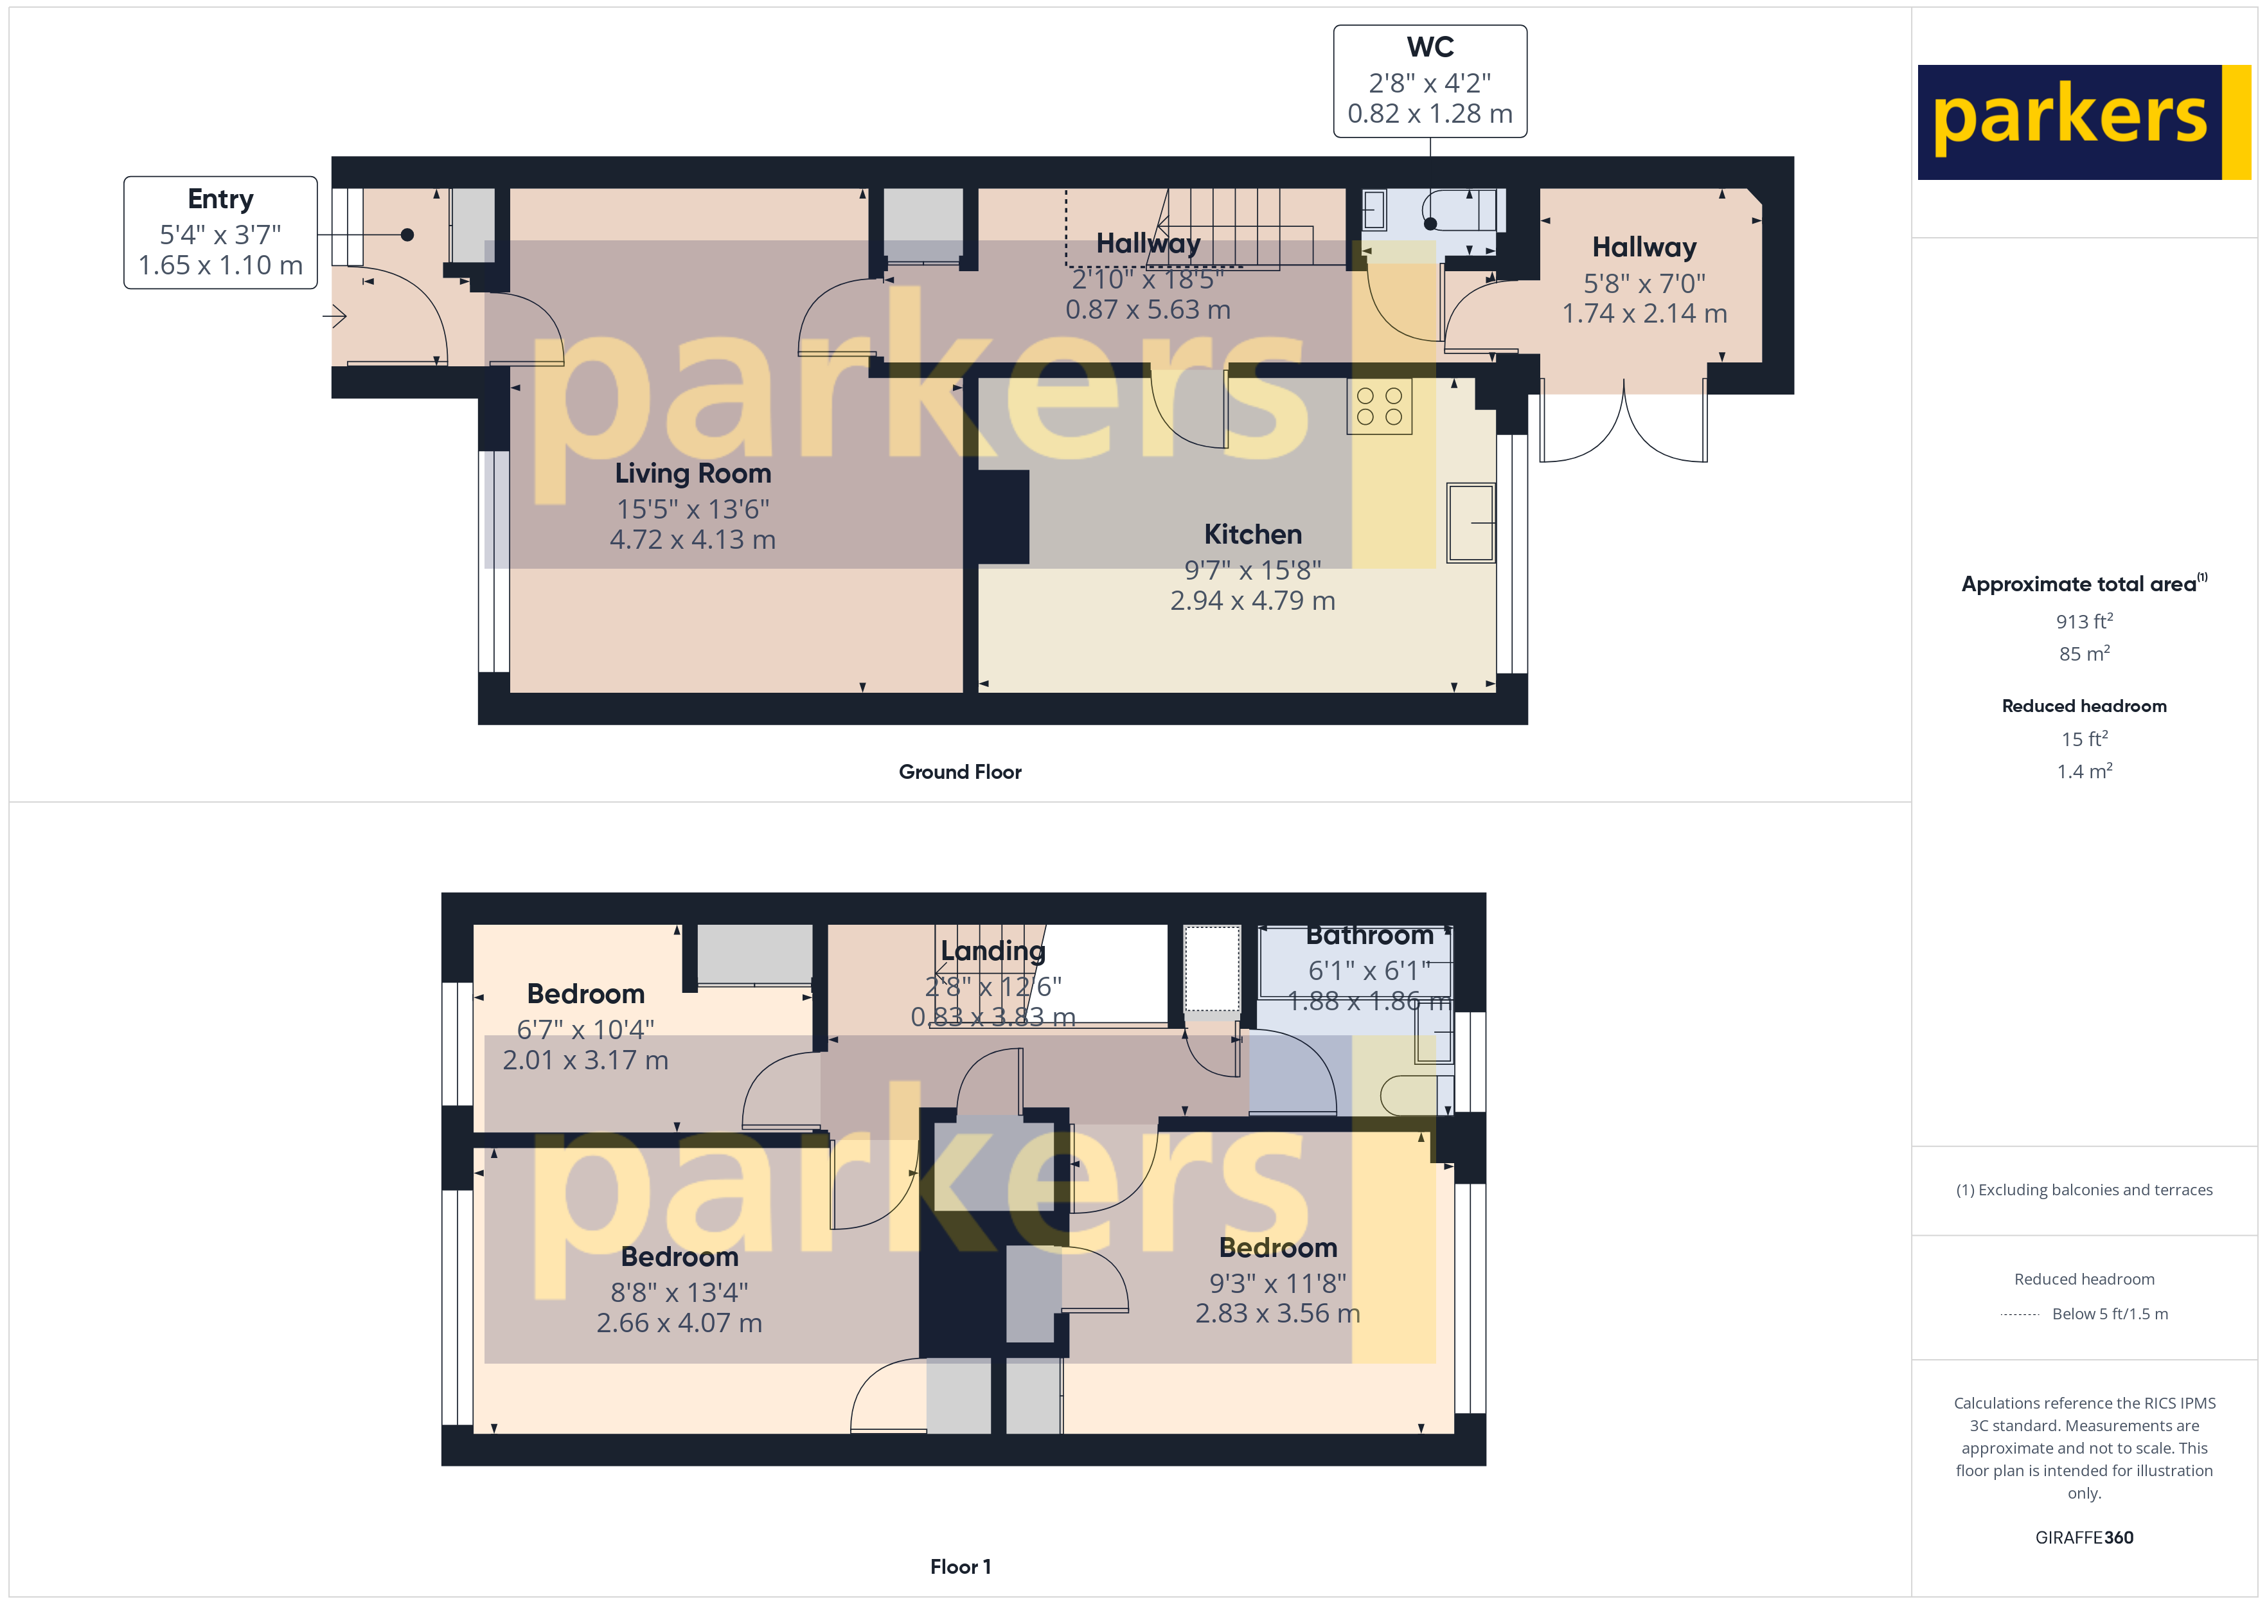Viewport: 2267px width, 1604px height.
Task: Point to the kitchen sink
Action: click(x=1470, y=522)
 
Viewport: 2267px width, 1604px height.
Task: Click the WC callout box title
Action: click(x=1430, y=48)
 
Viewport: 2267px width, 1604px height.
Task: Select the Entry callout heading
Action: click(x=220, y=199)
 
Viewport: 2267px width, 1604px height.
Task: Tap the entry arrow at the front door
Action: click(x=335, y=317)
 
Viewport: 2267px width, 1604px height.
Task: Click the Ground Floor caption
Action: click(x=960, y=772)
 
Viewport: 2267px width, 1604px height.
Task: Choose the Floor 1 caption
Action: click(x=960, y=1567)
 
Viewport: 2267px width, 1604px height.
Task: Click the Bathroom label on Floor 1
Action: click(x=1369, y=935)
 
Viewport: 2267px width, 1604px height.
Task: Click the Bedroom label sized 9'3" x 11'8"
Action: click(x=1277, y=1249)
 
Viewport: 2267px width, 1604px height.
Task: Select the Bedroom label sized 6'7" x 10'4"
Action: click(x=585, y=995)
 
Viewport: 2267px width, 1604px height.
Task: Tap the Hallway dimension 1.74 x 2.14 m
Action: click(x=1644, y=314)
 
